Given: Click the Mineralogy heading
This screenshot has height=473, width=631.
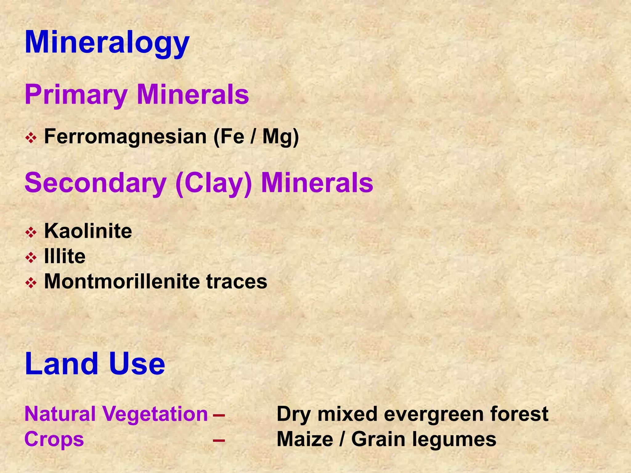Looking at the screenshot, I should click(107, 43).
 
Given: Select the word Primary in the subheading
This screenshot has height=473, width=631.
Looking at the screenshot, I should click(76, 95).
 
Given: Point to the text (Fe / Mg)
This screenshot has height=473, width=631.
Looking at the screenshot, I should click(256, 137).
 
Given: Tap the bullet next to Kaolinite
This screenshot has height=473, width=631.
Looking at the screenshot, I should click(31, 232).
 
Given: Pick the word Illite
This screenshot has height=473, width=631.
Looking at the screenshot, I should click(65, 256).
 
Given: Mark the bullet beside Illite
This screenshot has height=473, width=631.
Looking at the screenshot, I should click(31, 257).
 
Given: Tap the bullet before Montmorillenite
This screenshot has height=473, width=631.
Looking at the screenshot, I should click(31, 283).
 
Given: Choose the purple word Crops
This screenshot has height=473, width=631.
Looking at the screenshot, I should click(54, 439).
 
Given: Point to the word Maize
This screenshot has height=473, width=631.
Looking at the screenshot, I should click(305, 439).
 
